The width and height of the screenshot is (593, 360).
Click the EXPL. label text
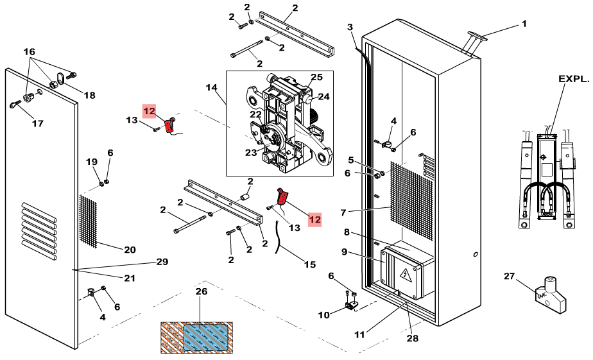pos(573,79)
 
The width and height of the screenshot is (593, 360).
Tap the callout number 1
pos(524,24)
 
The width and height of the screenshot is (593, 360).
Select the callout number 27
pos(510,276)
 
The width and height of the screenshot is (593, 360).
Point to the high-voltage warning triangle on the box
pos(406,277)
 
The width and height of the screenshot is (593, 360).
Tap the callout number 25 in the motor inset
pos(316,77)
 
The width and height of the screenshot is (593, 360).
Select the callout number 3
pos(350,27)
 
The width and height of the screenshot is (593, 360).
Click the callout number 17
pos(37,123)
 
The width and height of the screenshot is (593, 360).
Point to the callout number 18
pos(89,96)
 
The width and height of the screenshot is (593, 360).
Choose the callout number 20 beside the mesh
pos(129,250)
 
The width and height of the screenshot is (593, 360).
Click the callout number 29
pos(162,262)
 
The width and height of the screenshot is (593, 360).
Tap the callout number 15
pos(310,264)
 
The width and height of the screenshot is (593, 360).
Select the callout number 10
pos(323,314)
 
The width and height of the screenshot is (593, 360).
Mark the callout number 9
pos(345,252)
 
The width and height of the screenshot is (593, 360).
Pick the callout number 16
pos(30,51)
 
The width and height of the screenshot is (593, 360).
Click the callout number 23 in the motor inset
pos(251,152)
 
